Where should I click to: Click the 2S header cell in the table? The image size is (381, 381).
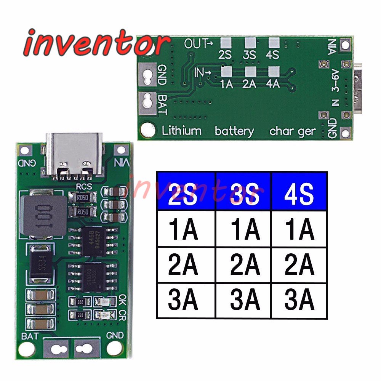(x=186, y=191)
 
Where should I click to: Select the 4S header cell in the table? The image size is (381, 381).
(x=299, y=191)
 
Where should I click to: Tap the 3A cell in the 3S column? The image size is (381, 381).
(x=244, y=301)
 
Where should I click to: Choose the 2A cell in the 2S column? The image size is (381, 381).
(x=186, y=265)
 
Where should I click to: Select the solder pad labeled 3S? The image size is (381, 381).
(x=250, y=42)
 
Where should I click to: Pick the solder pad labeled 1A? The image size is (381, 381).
(x=226, y=71)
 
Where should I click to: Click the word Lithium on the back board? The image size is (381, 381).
(x=182, y=131)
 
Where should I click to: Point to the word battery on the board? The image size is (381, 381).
(x=234, y=131)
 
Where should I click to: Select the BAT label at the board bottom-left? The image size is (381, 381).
(x=30, y=336)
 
